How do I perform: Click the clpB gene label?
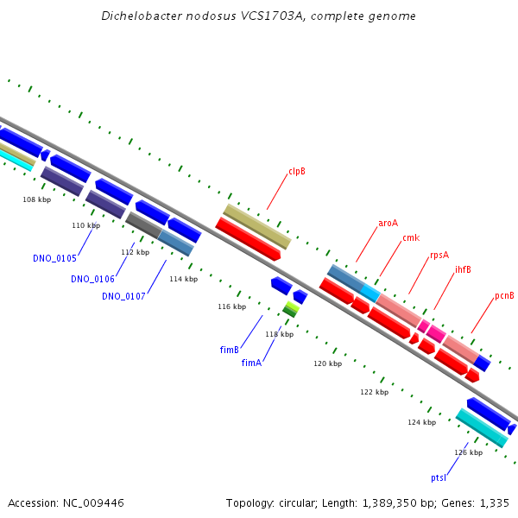tap(297, 171)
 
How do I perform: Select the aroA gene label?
tap(388, 223)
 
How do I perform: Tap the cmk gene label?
tap(411, 237)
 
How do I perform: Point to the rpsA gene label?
tap(439, 255)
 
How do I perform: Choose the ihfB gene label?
tap(463, 269)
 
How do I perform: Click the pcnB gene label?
tap(504, 295)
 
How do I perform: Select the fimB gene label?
tap(229, 350)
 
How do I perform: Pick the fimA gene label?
tap(251, 363)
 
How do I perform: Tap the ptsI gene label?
tap(439, 477)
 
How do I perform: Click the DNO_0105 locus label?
tap(55, 258)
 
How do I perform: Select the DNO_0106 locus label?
tap(92, 279)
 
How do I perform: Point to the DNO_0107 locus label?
tap(123, 296)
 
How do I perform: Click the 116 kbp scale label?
tap(231, 306)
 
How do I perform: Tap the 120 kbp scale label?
tap(327, 363)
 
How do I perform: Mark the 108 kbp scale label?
tap(36, 199)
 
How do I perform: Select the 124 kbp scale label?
tap(422, 422)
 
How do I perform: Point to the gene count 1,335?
tap(492, 502)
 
